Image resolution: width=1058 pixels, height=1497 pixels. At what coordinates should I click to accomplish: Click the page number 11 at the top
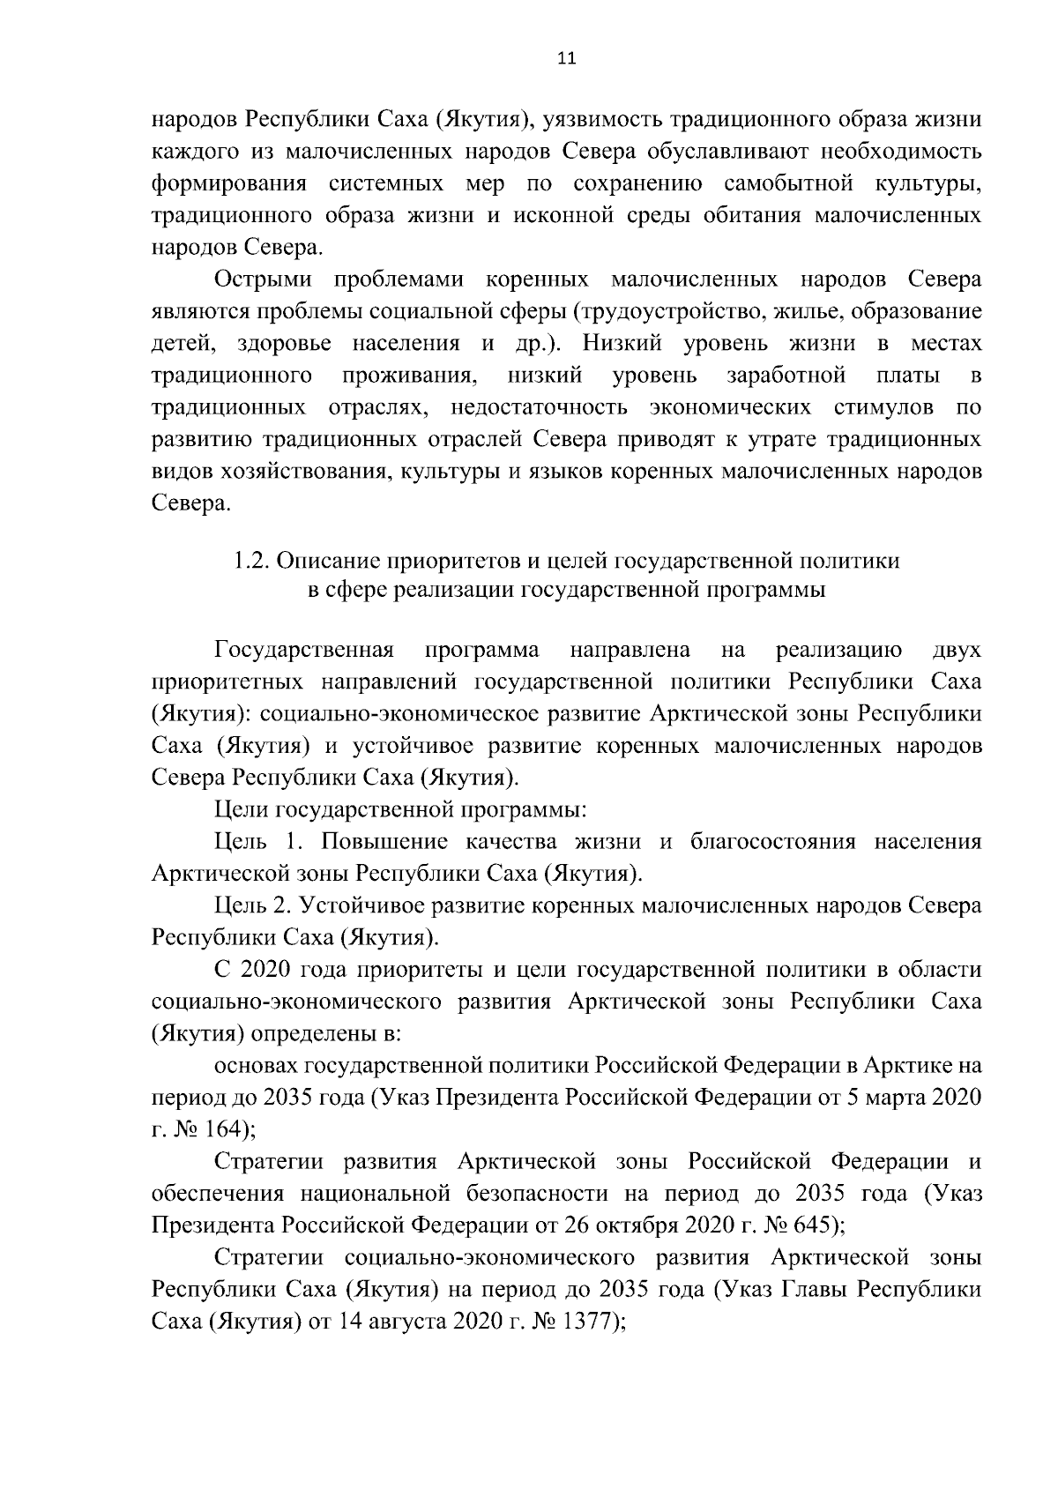[566, 58]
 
